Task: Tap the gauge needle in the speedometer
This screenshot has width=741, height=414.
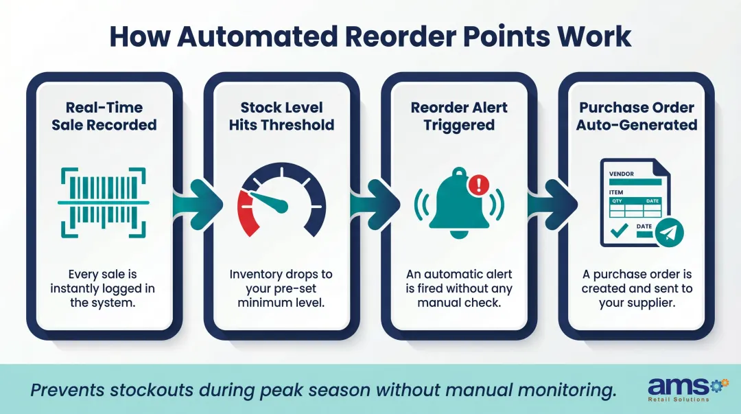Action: tap(269, 200)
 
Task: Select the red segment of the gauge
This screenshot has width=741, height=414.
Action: tap(246, 214)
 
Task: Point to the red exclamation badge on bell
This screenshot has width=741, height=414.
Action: tap(478, 184)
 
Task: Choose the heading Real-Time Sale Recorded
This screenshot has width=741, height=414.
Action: tap(104, 116)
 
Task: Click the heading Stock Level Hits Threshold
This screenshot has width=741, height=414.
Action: tap(281, 116)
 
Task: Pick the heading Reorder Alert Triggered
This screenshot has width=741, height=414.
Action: tap(458, 116)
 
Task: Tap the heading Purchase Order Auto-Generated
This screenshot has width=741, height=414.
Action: tap(636, 116)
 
